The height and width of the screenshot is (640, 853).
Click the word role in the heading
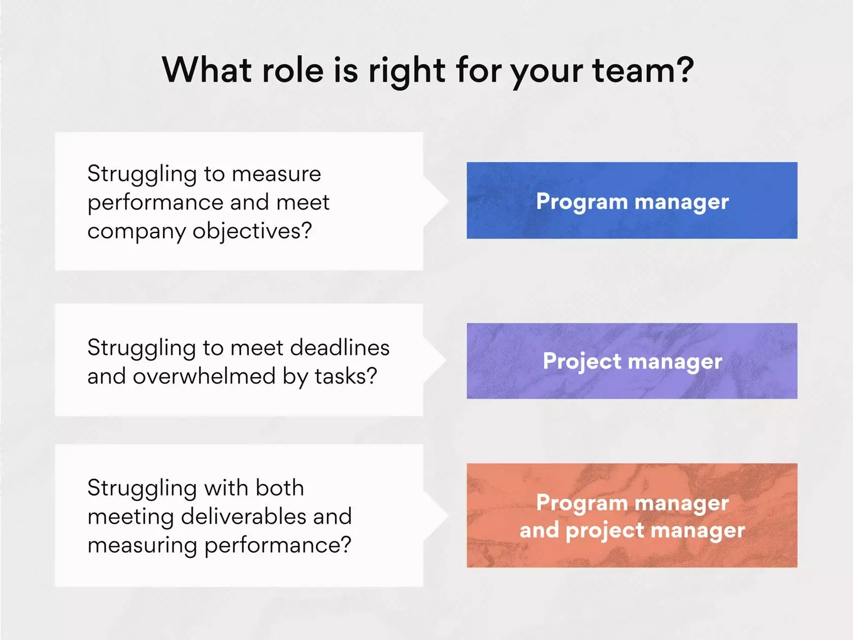292,70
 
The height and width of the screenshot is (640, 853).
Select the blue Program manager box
632,200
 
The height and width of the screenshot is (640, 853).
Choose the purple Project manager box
632,361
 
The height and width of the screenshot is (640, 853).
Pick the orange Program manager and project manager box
632,515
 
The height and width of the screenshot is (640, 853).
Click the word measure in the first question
277,174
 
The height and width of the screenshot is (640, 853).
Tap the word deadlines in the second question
340,348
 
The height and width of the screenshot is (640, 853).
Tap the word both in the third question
280,488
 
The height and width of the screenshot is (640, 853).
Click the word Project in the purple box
582,362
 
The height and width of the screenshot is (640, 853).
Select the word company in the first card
137,232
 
